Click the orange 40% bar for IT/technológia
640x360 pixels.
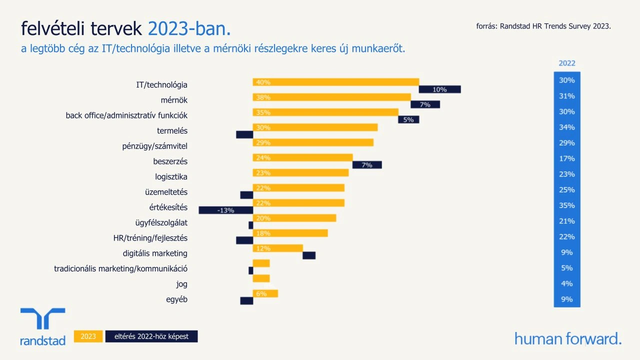(x=335, y=82)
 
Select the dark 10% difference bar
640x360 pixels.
(x=439, y=89)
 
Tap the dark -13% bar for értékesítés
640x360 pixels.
(x=225, y=210)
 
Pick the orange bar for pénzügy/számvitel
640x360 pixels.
(x=313, y=142)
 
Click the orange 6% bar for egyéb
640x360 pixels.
(x=265, y=293)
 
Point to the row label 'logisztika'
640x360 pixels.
(x=171, y=176)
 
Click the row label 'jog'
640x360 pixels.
(x=181, y=284)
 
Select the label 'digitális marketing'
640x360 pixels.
(x=155, y=253)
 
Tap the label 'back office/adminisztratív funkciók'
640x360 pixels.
(x=126, y=115)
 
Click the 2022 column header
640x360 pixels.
(x=567, y=63)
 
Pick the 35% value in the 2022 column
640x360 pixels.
(x=567, y=205)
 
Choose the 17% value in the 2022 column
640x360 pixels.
(x=567, y=158)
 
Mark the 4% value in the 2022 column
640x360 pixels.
(x=567, y=283)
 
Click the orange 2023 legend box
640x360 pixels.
(x=88, y=336)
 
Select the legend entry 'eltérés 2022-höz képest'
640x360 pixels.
(x=151, y=336)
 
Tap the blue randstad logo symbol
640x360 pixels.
(x=42, y=318)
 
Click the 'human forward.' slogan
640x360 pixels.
(x=568, y=338)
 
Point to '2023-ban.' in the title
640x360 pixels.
(x=189, y=29)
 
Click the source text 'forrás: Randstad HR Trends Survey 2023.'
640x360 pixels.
(x=543, y=26)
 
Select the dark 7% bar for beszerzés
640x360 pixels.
(x=367, y=164)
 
